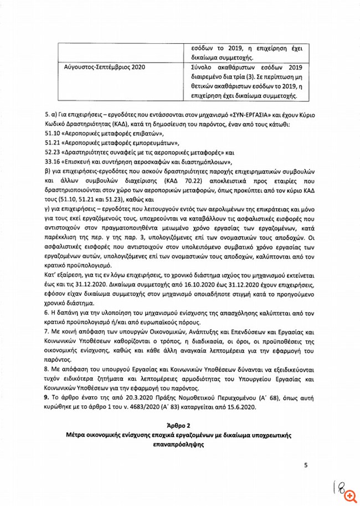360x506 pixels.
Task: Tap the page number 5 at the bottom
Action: [305, 465]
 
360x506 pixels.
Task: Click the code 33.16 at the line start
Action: [53, 161]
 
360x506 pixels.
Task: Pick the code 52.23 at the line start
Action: [53, 151]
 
